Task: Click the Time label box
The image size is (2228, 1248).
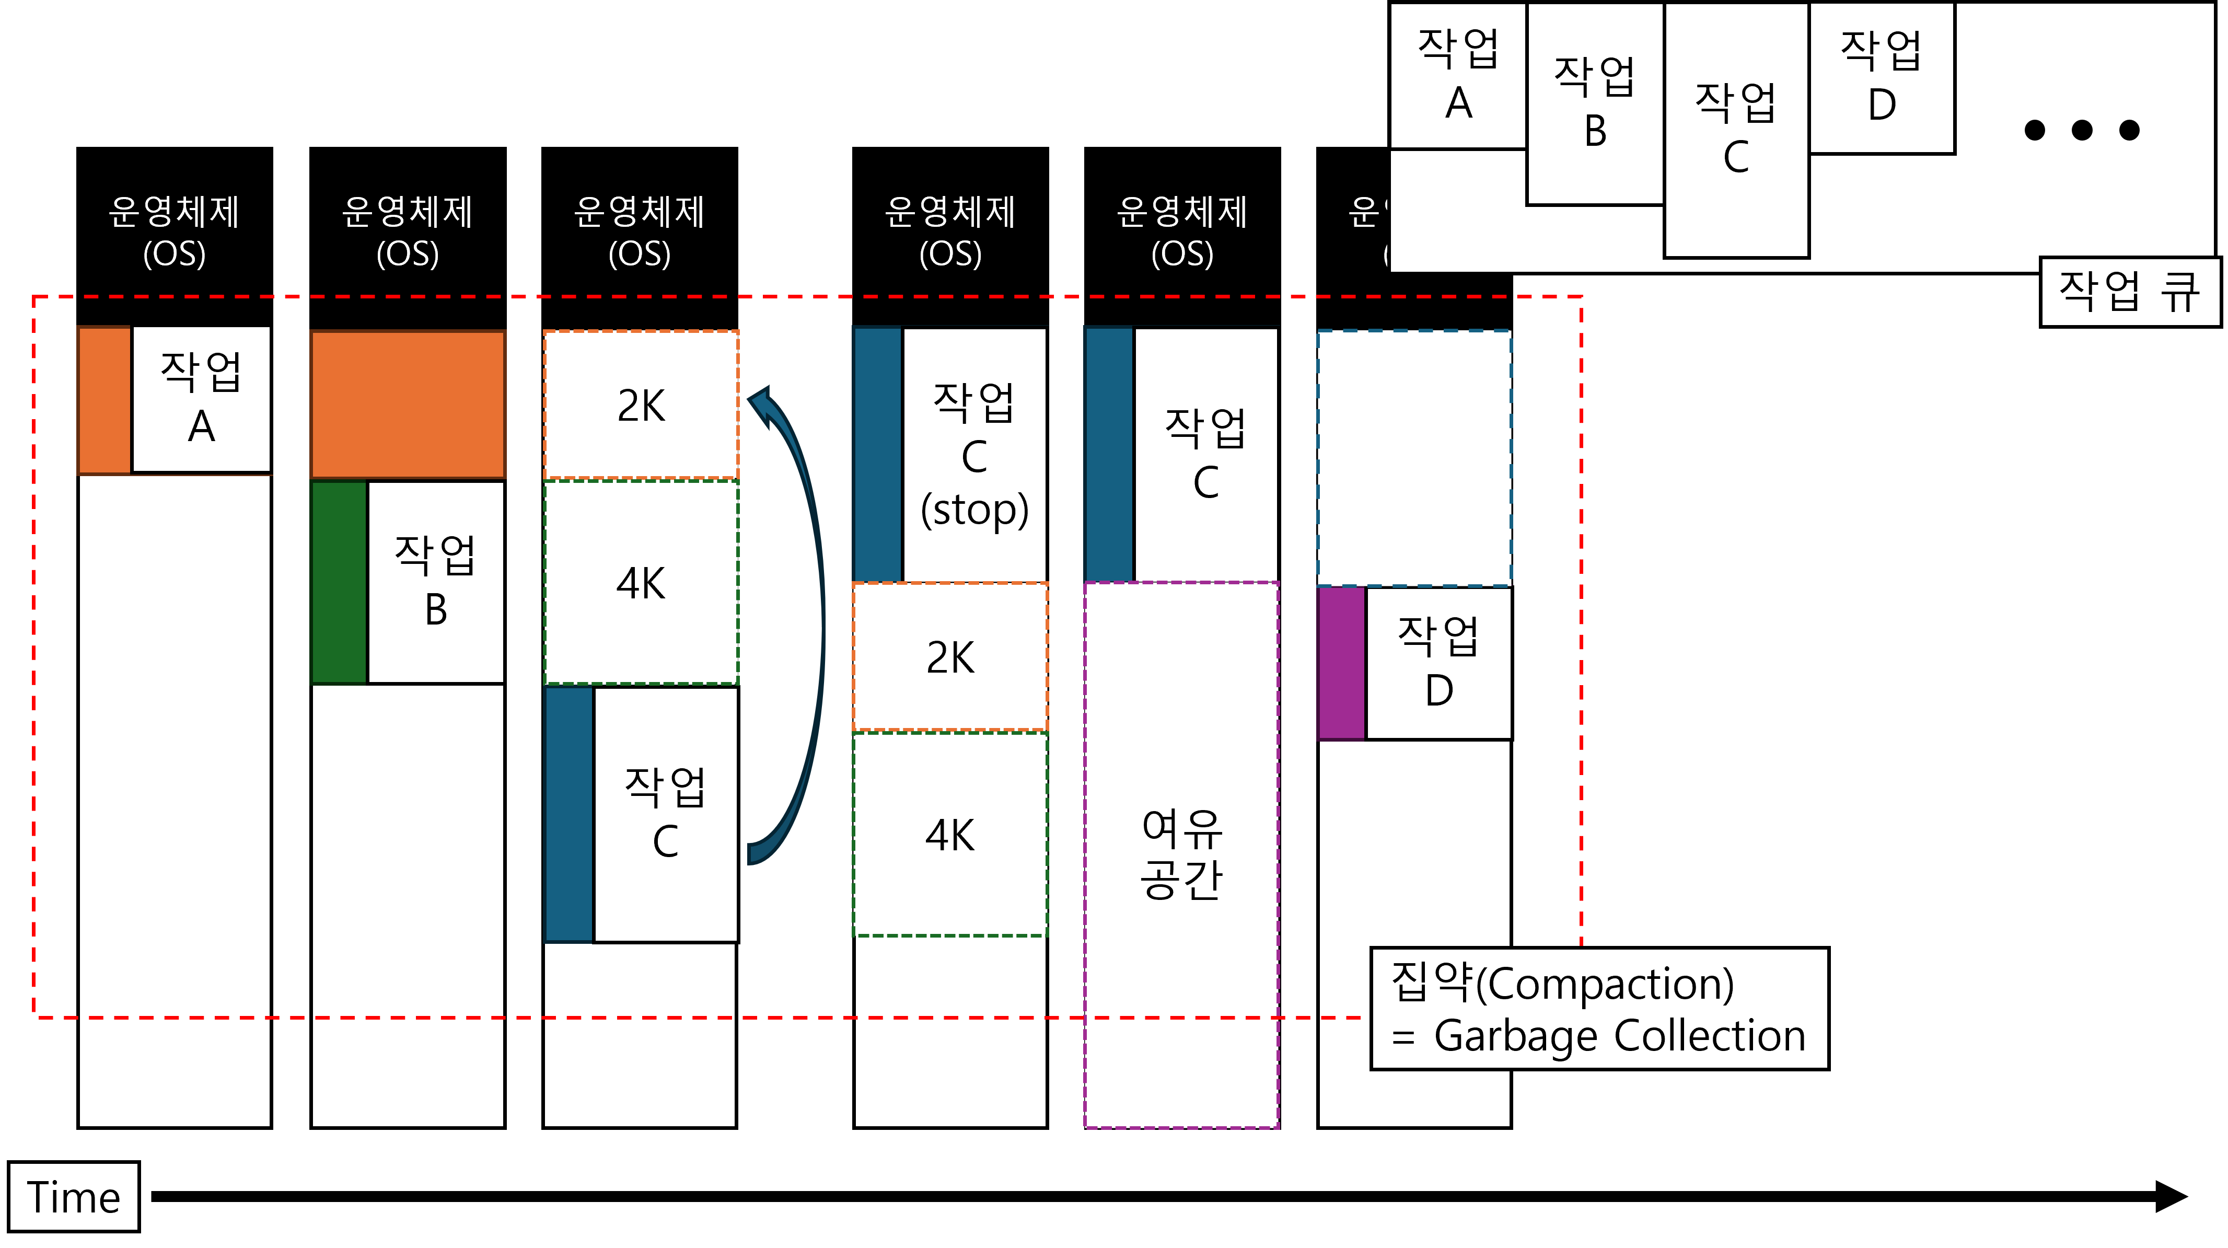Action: [74, 1197]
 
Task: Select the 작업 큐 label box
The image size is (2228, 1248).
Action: [2129, 291]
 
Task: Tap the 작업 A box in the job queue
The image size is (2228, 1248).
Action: [1458, 76]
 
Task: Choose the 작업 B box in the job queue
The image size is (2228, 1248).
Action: [1595, 104]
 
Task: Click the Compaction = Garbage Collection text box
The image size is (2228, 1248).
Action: [1598, 1009]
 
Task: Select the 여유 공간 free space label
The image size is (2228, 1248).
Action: [1181, 854]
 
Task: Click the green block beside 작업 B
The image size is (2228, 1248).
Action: [339, 582]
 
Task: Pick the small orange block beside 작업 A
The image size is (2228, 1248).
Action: [105, 400]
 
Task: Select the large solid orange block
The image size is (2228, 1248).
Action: [408, 405]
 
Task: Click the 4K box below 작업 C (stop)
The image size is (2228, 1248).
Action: [949, 835]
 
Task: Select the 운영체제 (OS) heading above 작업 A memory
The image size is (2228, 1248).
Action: [174, 232]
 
